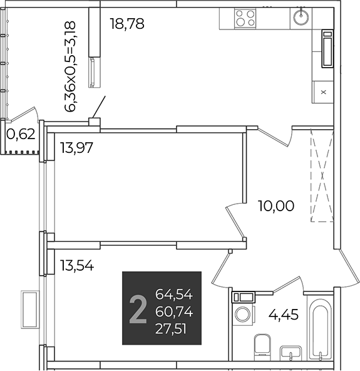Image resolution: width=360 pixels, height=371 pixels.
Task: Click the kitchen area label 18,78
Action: click(x=127, y=24)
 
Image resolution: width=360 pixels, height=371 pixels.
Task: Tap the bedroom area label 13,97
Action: click(x=76, y=148)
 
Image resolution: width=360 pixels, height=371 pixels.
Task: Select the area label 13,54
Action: click(x=77, y=265)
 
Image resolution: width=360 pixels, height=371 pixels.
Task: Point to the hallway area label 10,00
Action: click(x=276, y=206)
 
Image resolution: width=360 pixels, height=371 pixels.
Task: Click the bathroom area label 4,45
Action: click(x=284, y=315)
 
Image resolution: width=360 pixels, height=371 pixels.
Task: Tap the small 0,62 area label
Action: click(x=21, y=134)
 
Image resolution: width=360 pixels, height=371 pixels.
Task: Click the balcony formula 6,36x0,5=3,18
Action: click(x=70, y=66)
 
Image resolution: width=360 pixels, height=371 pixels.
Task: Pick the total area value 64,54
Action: click(x=174, y=295)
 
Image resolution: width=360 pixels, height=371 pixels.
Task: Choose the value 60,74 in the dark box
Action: click(x=174, y=312)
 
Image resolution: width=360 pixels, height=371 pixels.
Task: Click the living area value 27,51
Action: click(x=171, y=330)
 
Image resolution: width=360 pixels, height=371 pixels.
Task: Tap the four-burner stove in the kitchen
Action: click(x=245, y=18)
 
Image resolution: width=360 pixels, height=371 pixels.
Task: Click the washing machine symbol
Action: click(x=244, y=314)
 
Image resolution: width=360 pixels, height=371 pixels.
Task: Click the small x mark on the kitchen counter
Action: click(x=323, y=92)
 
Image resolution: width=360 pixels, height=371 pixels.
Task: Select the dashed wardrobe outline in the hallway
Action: click(x=322, y=175)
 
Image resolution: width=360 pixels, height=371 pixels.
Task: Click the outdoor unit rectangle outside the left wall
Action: click(x=30, y=310)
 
